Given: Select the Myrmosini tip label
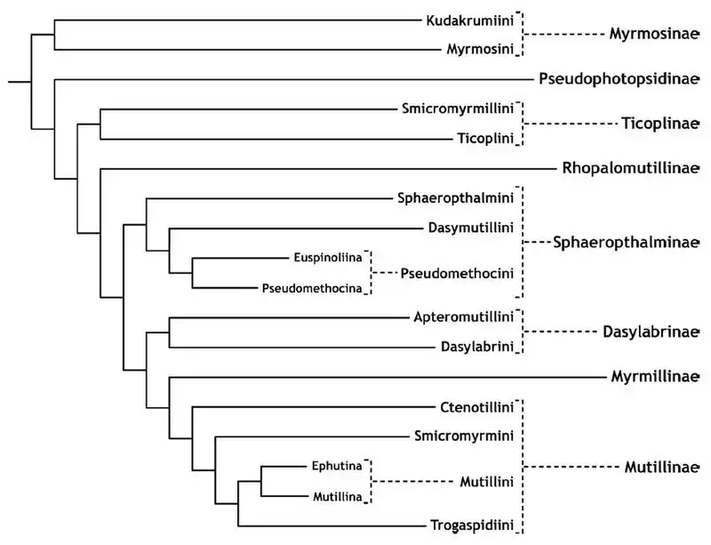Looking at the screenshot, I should pos(480,50).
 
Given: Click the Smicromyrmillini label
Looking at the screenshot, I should pos(458,109).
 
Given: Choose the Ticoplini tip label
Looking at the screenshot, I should pos(484,139).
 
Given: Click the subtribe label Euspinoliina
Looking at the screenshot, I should pos(327,258).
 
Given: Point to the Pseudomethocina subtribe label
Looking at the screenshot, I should pos(312,287).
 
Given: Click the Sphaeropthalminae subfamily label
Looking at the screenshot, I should pos(621,242).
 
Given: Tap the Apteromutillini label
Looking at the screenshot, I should pos(464,317).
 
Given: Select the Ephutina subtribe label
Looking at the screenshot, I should pos(337,465).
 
